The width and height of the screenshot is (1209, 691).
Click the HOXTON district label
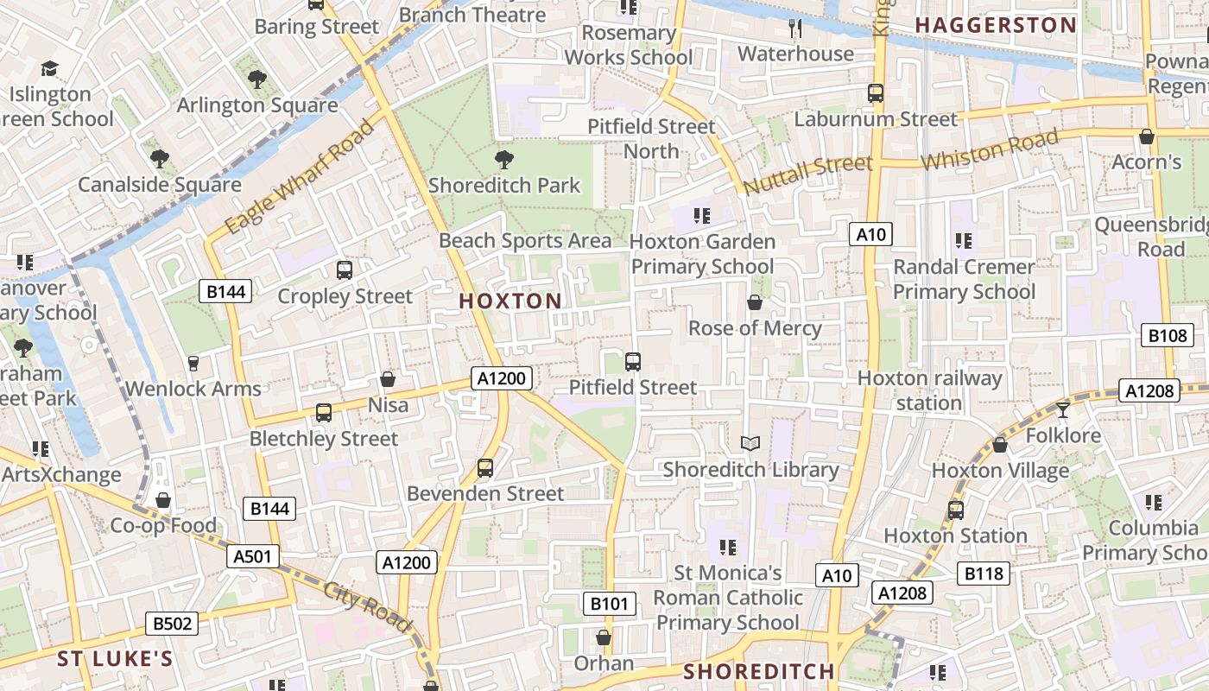click(510, 301)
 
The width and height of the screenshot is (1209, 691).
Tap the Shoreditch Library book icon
click(750, 444)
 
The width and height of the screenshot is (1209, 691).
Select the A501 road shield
click(254, 556)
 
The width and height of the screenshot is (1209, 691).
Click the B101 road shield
click(610, 604)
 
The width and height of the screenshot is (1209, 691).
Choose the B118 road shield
click(984, 574)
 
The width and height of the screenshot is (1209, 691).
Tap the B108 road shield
click(1168, 336)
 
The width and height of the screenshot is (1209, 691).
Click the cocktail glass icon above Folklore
click(1062, 409)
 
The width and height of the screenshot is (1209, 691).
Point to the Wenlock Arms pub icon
click(193, 364)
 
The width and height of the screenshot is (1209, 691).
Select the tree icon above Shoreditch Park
click(503, 160)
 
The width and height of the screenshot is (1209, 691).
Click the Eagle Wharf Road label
click(301, 176)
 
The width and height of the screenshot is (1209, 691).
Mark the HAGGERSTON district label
click(996, 25)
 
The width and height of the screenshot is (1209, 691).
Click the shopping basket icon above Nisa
click(388, 379)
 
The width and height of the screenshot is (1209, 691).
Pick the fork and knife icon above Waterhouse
click(795, 29)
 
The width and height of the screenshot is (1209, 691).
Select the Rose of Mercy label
click(755, 328)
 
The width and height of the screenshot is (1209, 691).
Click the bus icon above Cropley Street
click(345, 270)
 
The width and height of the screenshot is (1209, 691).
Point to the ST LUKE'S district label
click(115, 660)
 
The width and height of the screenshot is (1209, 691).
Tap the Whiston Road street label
click(989, 150)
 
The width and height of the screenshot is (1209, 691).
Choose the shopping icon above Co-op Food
click(162, 500)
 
